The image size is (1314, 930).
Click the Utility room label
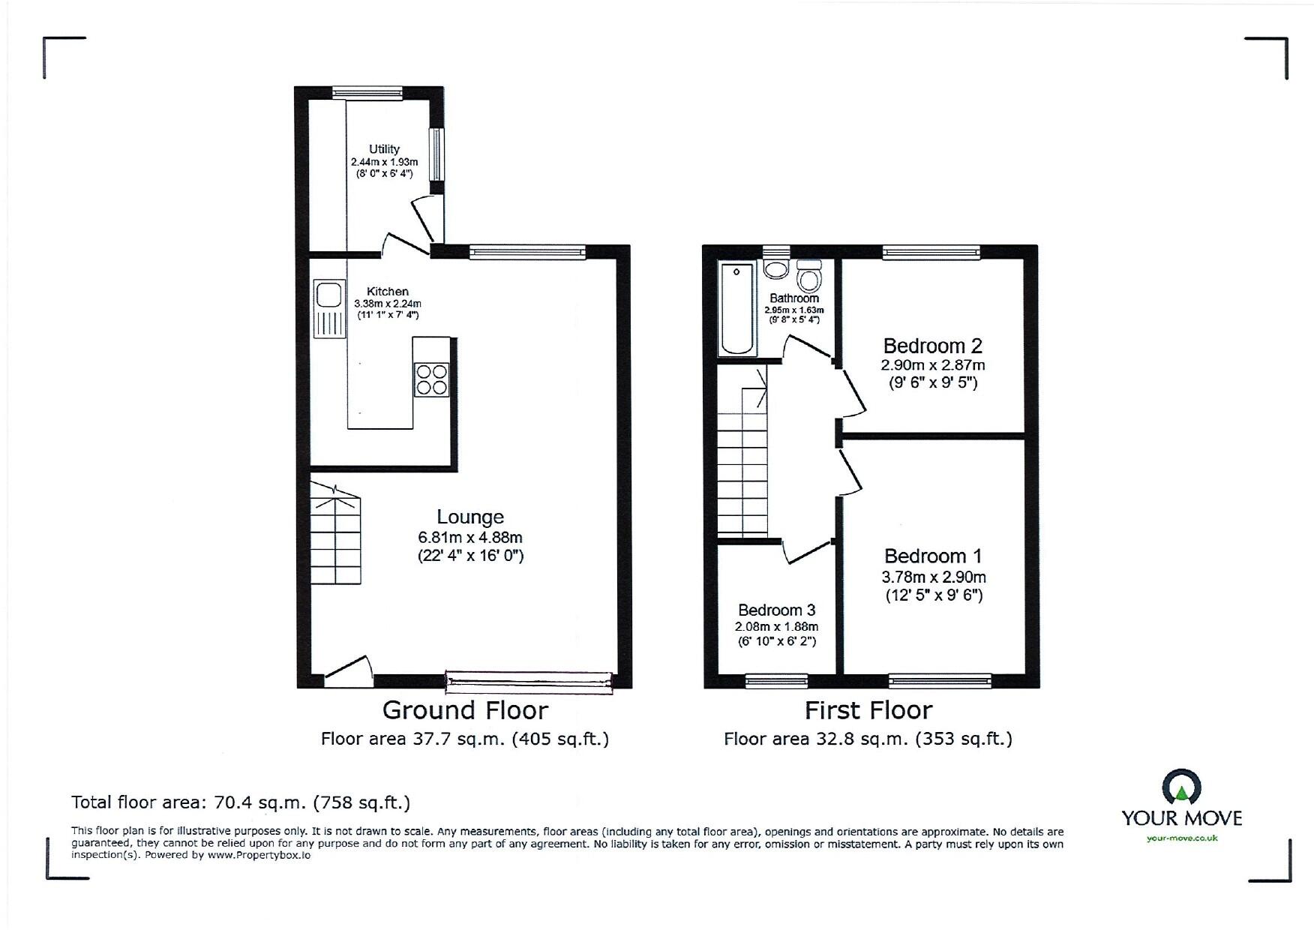pyautogui.click(x=384, y=149)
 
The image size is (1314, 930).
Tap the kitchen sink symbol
pyautogui.click(x=329, y=308)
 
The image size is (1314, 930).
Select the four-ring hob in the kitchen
pyautogui.click(x=431, y=379)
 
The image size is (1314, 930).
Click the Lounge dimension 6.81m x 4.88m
pyautogui.click(x=470, y=538)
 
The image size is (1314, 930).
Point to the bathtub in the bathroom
pyautogui.click(x=736, y=308)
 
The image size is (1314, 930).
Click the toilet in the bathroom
pyautogui.click(x=808, y=277)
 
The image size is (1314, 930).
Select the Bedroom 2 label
pyautogui.click(x=932, y=346)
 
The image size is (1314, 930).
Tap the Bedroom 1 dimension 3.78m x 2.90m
pyautogui.click(x=933, y=577)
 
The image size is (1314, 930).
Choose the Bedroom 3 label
pyautogui.click(x=776, y=610)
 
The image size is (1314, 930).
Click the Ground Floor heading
pyautogui.click(x=465, y=710)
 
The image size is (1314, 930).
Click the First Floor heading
pyautogui.click(x=868, y=710)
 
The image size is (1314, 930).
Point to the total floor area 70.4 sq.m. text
pyautogui.click(x=241, y=802)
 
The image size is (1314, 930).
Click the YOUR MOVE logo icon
pyautogui.click(x=1181, y=787)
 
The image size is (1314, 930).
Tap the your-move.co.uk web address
pyautogui.click(x=1182, y=838)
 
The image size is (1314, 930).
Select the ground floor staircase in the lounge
pyautogui.click(x=335, y=535)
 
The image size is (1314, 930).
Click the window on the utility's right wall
pyautogui.click(x=436, y=154)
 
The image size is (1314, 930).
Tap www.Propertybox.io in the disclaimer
pyautogui.click(x=259, y=855)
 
